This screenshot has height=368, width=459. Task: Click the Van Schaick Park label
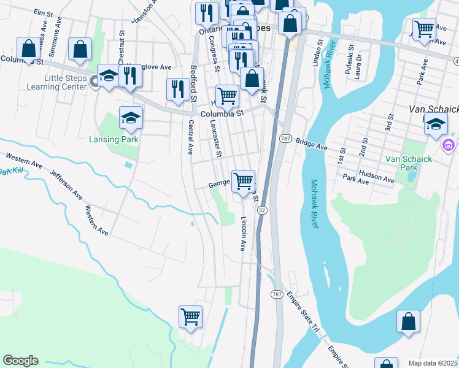click(x=409, y=163)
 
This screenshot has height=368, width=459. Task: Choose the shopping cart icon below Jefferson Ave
click(x=190, y=317)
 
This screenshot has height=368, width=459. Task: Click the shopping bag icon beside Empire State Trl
click(x=408, y=321)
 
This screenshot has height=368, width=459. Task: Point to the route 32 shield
click(x=262, y=210)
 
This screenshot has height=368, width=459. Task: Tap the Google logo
click(x=20, y=361)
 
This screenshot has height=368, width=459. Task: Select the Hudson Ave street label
click(x=377, y=175)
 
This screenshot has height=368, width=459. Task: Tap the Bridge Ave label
click(x=312, y=144)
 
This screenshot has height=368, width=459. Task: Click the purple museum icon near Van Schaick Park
click(x=449, y=145)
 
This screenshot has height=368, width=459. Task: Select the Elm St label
click(x=44, y=12)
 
